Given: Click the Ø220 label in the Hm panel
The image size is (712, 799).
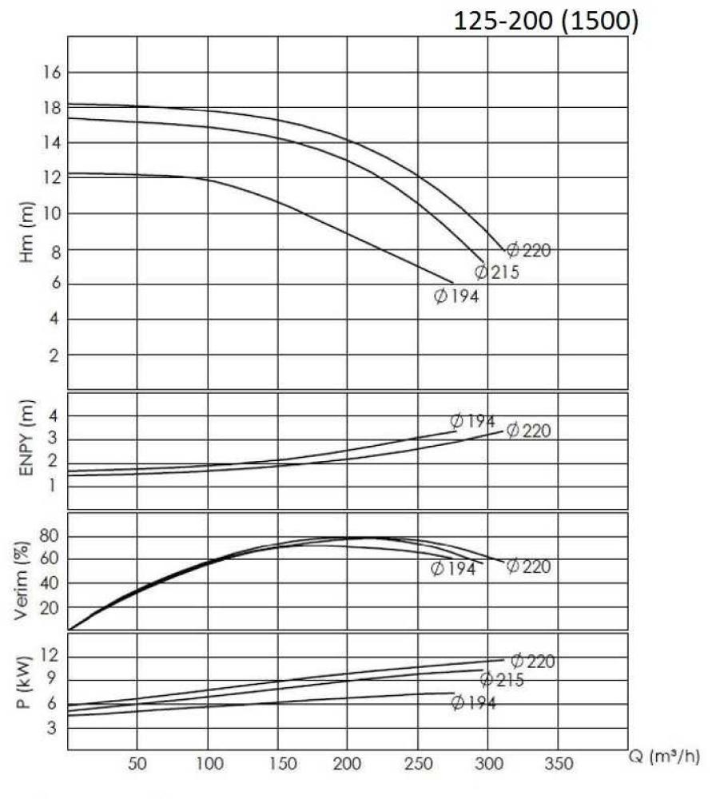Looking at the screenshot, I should coord(529,250).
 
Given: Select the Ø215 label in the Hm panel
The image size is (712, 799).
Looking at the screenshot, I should coord(497,272).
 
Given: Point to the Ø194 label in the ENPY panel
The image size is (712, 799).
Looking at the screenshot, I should coord(472,421).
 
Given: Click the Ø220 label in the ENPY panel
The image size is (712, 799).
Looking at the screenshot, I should coord(529,431).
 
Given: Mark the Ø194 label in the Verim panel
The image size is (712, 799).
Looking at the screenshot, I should coord(453,569).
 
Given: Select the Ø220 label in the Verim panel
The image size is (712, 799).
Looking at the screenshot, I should coord(529,566).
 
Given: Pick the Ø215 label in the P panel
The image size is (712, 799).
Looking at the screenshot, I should coord(502,680).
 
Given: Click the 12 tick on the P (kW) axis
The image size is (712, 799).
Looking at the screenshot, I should coord(51,656).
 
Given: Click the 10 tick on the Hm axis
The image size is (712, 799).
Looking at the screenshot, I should coord(51,213).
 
